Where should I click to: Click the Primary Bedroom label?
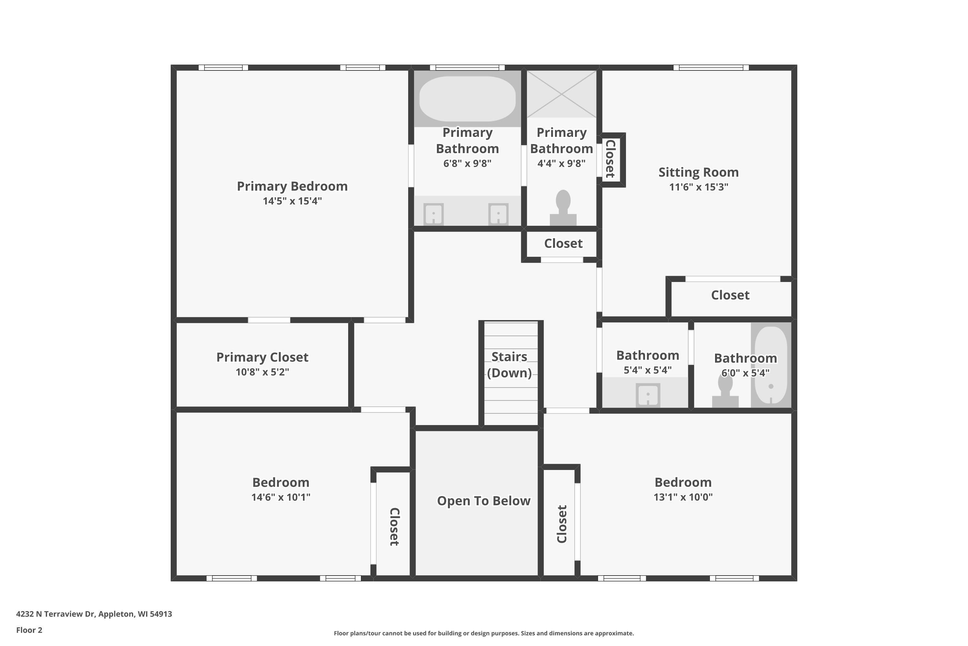point(292,187)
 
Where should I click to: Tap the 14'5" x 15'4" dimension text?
point(292,201)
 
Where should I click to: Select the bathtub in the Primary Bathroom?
point(467,99)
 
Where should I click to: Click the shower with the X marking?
point(562,94)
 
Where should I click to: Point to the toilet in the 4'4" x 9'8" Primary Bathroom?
point(563,208)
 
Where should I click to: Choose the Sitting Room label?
point(699,172)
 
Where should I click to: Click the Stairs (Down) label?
point(509,365)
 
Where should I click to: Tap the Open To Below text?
point(484,501)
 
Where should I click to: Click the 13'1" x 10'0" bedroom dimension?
point(683,497)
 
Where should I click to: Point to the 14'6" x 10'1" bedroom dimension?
point(281,497)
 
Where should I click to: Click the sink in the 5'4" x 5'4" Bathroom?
point(648,395)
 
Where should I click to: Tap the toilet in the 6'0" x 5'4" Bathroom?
point(725,391)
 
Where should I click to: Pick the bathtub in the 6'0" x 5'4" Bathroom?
point(771,365)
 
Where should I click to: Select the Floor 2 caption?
point(29,630)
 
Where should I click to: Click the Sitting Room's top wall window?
point(711,68)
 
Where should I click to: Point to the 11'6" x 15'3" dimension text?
point(699,187)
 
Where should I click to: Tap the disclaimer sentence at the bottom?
point(484,633)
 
